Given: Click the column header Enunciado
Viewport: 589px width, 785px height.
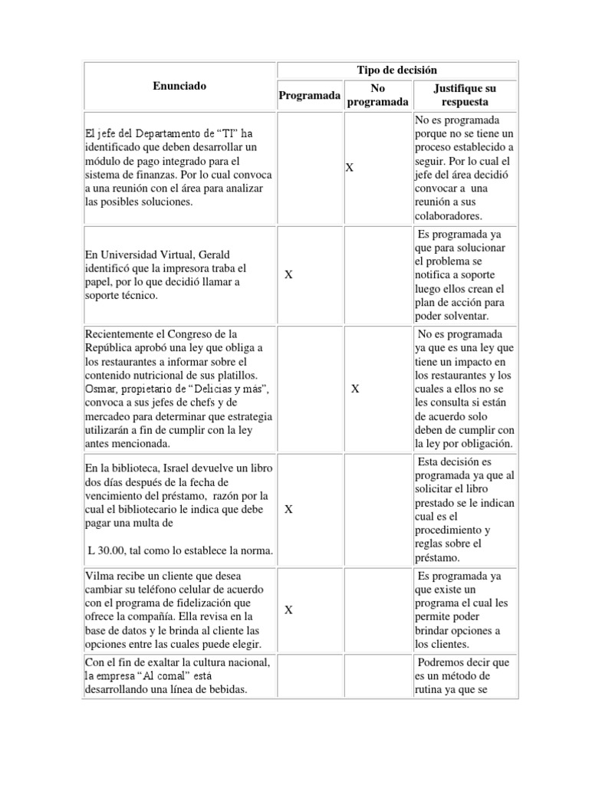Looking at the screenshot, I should [179, 87].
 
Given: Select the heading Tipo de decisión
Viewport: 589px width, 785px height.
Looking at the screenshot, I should [397, 70].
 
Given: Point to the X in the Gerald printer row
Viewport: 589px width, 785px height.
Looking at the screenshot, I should [288, 274].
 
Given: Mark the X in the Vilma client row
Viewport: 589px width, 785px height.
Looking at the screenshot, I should [288, 609].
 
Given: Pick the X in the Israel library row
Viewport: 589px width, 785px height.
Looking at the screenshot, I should [288, 509].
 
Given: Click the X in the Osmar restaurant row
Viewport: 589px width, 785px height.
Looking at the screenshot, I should [355, 389].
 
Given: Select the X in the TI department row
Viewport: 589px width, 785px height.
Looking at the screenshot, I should [349, 166].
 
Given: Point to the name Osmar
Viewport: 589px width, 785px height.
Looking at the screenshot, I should [100, 389].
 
